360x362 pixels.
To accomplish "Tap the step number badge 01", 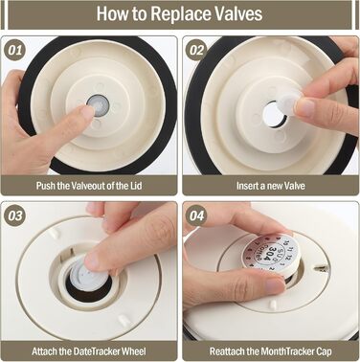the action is click(14, 50).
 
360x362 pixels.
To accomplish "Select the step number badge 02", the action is click(196, 50).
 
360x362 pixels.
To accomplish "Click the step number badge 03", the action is click(14, 215).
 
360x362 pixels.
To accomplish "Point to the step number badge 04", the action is click(196, 215).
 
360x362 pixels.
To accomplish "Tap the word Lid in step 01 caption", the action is click(135, 186).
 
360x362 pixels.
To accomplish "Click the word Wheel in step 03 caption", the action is click(133, 351).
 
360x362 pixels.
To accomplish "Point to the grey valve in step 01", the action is click(98, 103).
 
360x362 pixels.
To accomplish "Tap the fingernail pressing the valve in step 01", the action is click(88, 111).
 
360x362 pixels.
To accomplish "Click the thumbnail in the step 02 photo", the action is click(304, 107).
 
